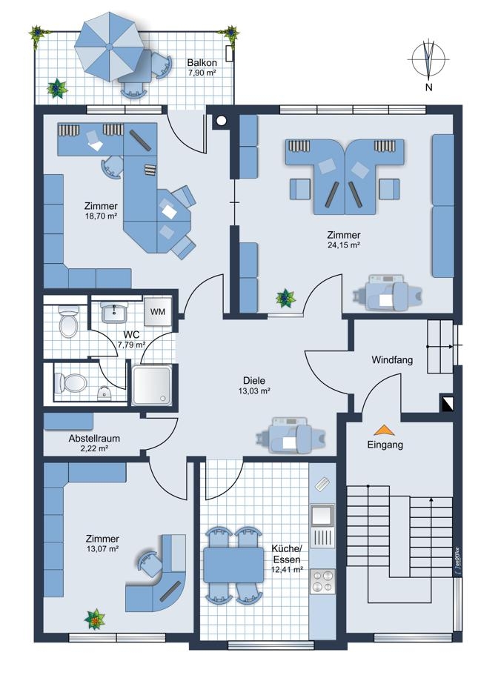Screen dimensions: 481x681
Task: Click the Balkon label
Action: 202,62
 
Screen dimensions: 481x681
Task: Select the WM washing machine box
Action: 157,311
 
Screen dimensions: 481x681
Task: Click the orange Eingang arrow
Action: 385,430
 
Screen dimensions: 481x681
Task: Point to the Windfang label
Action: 392,359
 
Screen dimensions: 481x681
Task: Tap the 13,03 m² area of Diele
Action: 254,390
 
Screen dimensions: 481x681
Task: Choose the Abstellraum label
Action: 94,438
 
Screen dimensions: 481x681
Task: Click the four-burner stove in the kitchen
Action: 322,582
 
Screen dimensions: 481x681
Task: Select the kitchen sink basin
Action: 322,516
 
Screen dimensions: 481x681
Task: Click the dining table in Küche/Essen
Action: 233,565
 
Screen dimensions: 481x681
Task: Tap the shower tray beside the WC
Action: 152,385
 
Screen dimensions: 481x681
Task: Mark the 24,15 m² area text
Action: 344,245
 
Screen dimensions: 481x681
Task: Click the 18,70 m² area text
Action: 101,216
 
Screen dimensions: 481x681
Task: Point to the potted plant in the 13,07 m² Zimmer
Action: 95,619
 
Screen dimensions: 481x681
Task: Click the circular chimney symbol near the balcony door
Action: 221,122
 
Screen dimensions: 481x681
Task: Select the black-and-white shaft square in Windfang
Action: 447,402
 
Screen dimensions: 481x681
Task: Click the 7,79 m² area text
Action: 131,345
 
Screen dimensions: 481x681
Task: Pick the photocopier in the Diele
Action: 290,436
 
